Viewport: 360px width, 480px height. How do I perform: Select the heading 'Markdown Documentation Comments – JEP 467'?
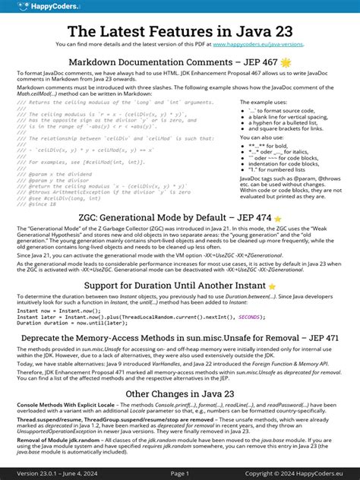click(172, 62)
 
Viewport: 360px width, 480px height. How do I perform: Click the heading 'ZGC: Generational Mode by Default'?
click(156, 196)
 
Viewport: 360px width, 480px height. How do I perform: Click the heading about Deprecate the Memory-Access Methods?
click(179, 337)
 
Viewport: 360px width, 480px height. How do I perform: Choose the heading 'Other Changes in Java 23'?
click(179, 394)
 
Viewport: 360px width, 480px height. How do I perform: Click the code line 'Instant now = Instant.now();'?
click(50, 310)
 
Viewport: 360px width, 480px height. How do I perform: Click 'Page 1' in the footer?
click(179, 473)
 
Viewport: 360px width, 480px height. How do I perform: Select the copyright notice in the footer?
click(299, 473)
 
